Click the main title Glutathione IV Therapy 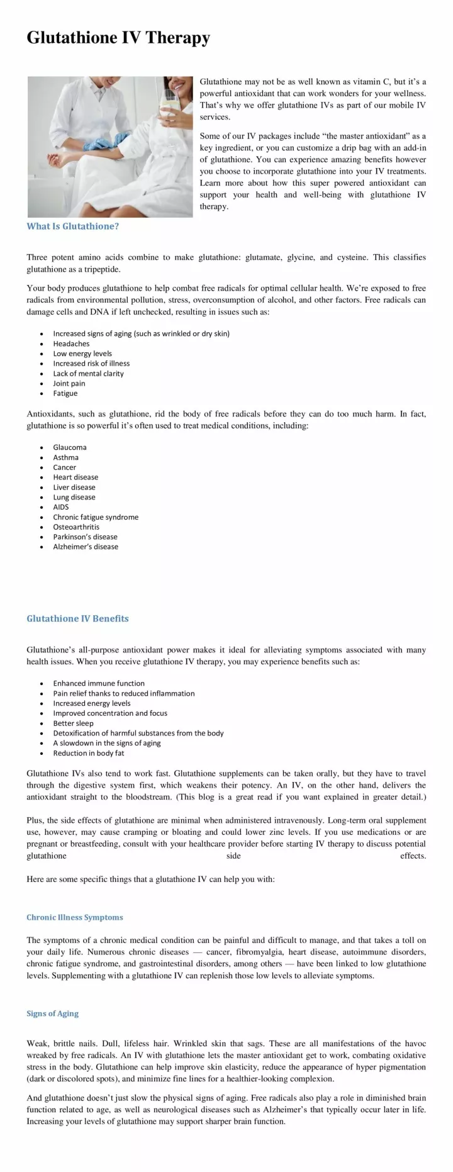[x=118, y=38]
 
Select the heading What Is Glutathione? [x=72, y=226]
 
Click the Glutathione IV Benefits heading [x=77, y=618]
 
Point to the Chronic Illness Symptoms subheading [x=74, y=917]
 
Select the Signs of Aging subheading [x=52, y=1013]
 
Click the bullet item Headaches [x=71, y=343]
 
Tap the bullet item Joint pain [x=69, y=383]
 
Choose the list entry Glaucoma [x=70, y=447]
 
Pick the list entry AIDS [x=61, y=507]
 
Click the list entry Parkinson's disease [x=85, y=537]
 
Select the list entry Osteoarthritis [x=76, y=527]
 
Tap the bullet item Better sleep [x=73, y=723]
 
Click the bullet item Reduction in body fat [x=88, y=753]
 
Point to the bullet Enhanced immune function [x=99, y=683]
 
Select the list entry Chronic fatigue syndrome [x=96, y=517]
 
